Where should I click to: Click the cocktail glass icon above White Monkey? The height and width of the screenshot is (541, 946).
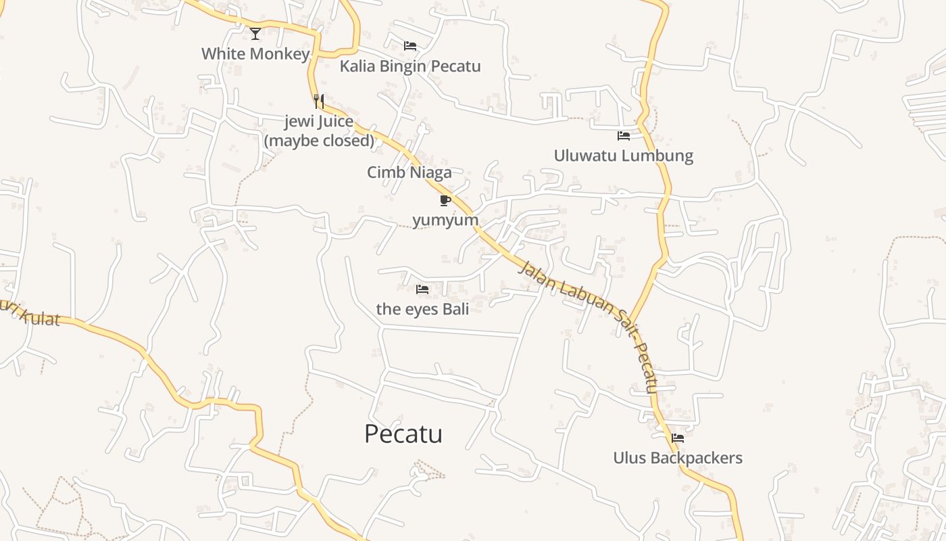(x=255, y=33)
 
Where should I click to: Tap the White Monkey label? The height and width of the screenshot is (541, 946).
(x=255, y=53)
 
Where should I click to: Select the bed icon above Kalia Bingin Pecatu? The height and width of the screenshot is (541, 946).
(x=410, y=46)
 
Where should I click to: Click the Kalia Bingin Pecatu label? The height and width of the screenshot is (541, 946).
(x=410, y=66)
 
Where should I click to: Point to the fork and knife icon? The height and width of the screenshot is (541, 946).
(x=319, y=101)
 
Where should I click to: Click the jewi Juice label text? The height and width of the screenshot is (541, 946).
(x=319, y=122)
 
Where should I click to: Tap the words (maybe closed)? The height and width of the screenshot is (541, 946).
(x=319, y=141)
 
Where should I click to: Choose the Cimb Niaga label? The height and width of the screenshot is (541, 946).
(x=409, y=172)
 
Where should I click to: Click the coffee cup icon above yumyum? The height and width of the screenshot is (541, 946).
(x=445, y=200)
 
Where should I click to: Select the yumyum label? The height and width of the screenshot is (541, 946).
(x=445, y=220)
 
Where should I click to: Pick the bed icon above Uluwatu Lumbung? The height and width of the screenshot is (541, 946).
(x=624, y=136)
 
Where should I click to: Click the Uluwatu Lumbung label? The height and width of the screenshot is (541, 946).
(x=624, y=156)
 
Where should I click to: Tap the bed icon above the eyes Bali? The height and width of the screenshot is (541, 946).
(x=422, y=289)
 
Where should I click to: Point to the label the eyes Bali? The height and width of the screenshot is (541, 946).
(x=422, y=309)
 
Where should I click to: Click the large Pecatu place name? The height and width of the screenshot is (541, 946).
(x=403, y=433)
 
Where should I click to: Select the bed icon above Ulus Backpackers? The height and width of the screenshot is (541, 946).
(x=678, y=438)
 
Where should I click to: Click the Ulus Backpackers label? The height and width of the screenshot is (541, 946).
(x=678, y=458)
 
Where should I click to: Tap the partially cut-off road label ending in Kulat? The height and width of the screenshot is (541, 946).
(x=30, y=315)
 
